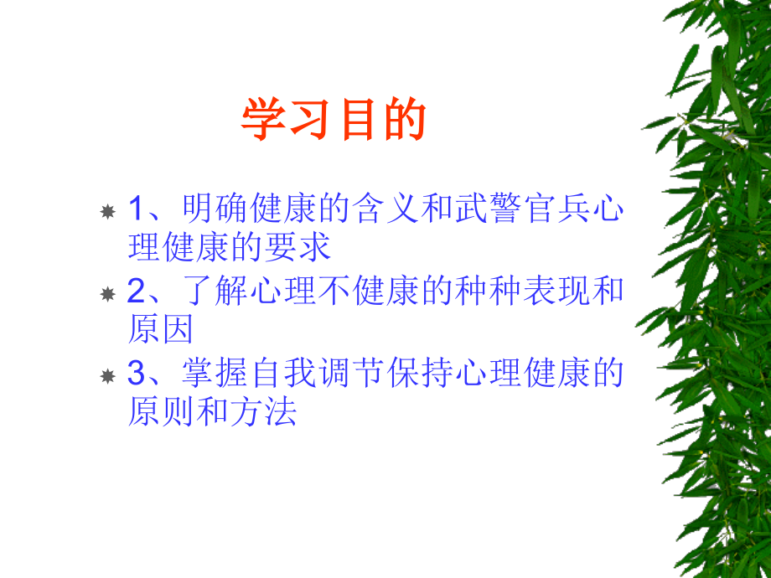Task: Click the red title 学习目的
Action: [334, 120]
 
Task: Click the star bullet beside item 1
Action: [107, 211]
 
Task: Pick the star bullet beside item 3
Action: [107, 375]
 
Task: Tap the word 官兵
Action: [556, 209]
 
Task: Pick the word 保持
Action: [422, 374]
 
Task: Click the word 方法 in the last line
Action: [270, 411]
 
